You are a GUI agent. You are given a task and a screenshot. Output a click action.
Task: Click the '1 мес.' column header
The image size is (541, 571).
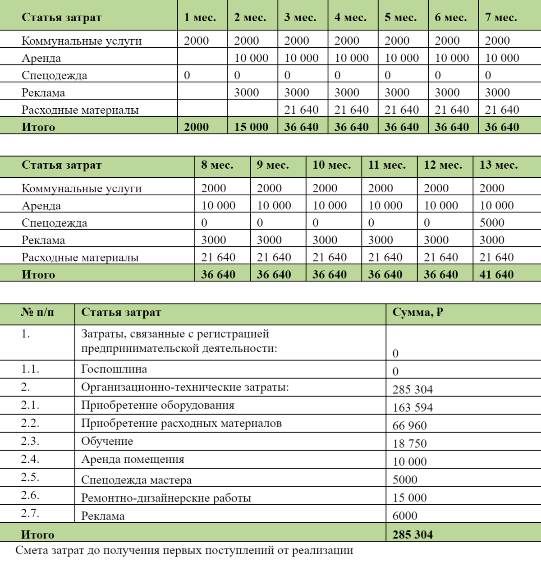pos(200,18)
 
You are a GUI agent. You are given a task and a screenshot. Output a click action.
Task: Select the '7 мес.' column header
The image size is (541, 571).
pos(501,18)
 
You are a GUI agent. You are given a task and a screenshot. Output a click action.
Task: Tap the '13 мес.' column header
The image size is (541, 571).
pos(499,165)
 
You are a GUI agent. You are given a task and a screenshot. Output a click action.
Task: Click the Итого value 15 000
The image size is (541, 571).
pos(251,127)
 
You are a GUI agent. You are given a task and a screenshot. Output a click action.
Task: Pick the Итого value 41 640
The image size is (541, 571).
pos(496,274)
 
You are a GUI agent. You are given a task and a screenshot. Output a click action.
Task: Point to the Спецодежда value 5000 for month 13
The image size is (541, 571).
pos(492,222)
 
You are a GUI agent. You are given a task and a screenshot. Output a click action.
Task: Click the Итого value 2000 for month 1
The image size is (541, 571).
pos(196,127)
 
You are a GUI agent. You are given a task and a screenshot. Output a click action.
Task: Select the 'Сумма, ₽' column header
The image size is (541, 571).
pos(417,312)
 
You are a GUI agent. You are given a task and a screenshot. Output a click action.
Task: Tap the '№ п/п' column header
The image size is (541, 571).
pos(37,312)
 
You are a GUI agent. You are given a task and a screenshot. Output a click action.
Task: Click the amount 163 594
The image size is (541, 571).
pos(413,407)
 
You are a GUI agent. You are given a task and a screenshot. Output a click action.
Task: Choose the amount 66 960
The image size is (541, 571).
pos(409,425)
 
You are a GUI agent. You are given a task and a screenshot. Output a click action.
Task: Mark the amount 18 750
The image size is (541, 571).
pos(409,443)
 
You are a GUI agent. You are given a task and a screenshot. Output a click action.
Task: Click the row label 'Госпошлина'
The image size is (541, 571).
pos(114,369)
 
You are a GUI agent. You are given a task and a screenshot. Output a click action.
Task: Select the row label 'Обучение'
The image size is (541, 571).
pos(107,441)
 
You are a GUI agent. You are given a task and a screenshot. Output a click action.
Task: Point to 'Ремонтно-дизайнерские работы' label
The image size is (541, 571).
pos(166,498)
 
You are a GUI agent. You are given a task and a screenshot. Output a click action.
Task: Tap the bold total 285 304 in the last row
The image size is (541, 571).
pos(413,534)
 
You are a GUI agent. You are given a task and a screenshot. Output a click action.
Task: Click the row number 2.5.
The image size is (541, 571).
pos(30,477)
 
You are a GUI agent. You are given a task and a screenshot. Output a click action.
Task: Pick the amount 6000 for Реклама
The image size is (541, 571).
pos(405,516)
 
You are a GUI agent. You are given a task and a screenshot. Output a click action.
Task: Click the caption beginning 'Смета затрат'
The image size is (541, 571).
pos(184,550)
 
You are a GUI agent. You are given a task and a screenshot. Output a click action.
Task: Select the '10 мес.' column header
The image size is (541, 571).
pos(332,165)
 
